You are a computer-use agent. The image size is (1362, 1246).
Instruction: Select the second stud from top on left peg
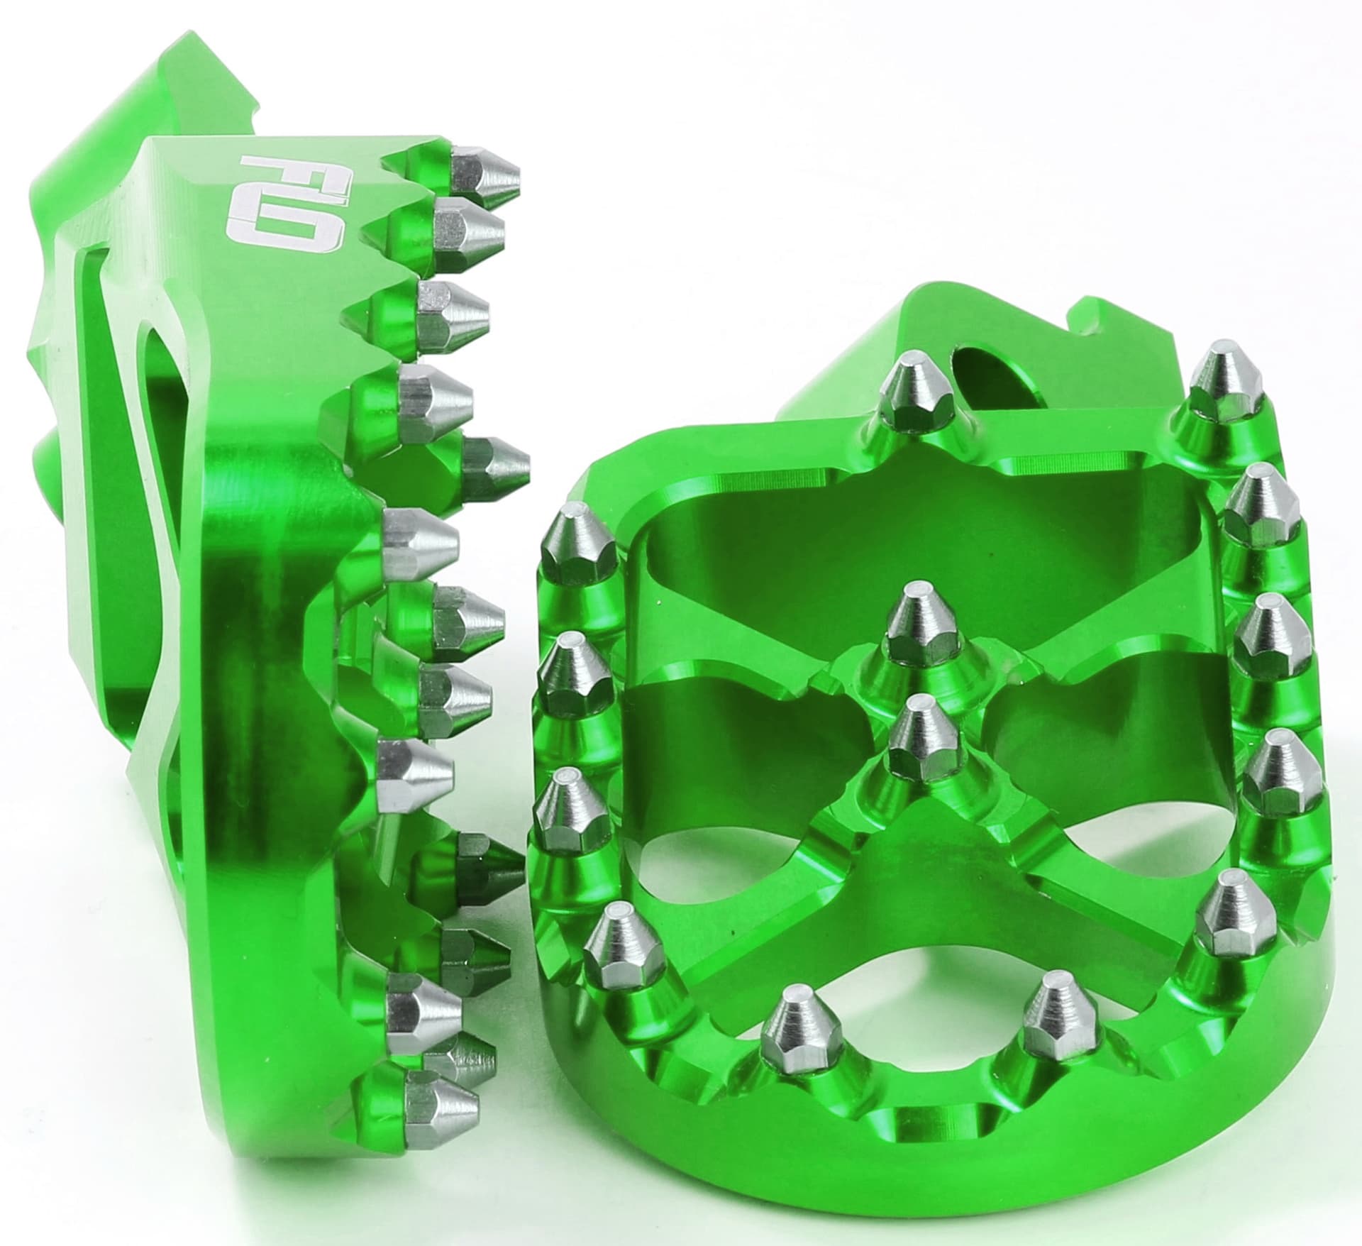[468, 226]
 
